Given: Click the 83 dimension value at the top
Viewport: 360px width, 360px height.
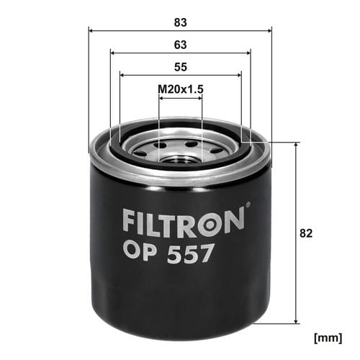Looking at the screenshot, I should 180,22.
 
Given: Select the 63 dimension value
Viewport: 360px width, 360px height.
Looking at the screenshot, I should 180,45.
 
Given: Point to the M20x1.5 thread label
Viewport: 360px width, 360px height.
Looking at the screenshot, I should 181,89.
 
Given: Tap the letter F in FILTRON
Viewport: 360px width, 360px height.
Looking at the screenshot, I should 130,222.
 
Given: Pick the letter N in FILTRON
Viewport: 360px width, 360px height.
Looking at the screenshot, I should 233,222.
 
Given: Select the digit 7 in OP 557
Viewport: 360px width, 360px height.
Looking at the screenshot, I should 204,253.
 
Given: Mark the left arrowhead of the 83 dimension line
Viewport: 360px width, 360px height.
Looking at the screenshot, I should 91,30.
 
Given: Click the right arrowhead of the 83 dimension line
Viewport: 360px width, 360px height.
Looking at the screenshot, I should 269,30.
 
